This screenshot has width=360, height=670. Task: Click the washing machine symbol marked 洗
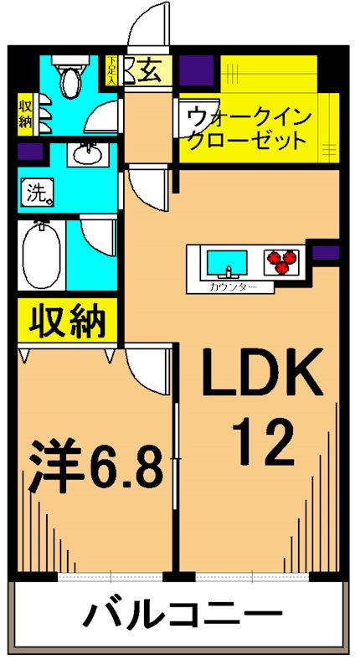(x=37, y=194)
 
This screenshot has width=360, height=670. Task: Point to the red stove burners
(x=282, y=262)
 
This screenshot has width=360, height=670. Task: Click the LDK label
(x=261, y=373)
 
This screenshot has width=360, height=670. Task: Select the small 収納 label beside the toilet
(x=26, y=113)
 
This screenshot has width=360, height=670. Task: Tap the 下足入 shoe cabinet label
(x=113, y=70)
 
